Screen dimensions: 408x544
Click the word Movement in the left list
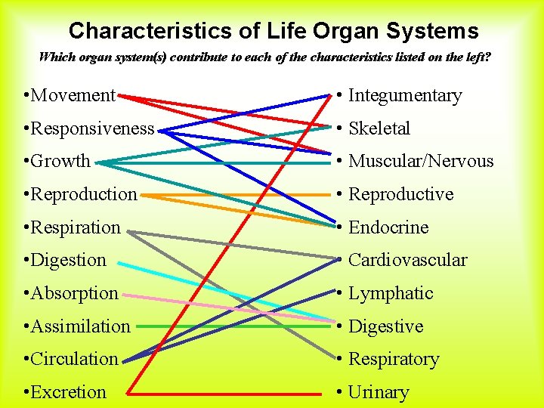tap(73, 96)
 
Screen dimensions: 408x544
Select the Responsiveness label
tap(92, 128)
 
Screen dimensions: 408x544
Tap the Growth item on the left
tap(60, 162)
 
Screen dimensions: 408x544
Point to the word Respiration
tap(76, 227)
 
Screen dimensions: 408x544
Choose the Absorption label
tap(75, 293)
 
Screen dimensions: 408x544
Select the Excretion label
tap(69, 392)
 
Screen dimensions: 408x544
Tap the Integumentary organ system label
tap(404, 96)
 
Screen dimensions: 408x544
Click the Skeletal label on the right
tap(379, 128)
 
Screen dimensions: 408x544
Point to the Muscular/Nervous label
tap(420, 162)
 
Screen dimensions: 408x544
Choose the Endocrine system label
tap(388, 227)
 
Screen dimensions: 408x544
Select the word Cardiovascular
tap(407, 260)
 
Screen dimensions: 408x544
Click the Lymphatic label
tap(390, 293)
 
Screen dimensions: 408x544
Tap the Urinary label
tap(378, 392)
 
